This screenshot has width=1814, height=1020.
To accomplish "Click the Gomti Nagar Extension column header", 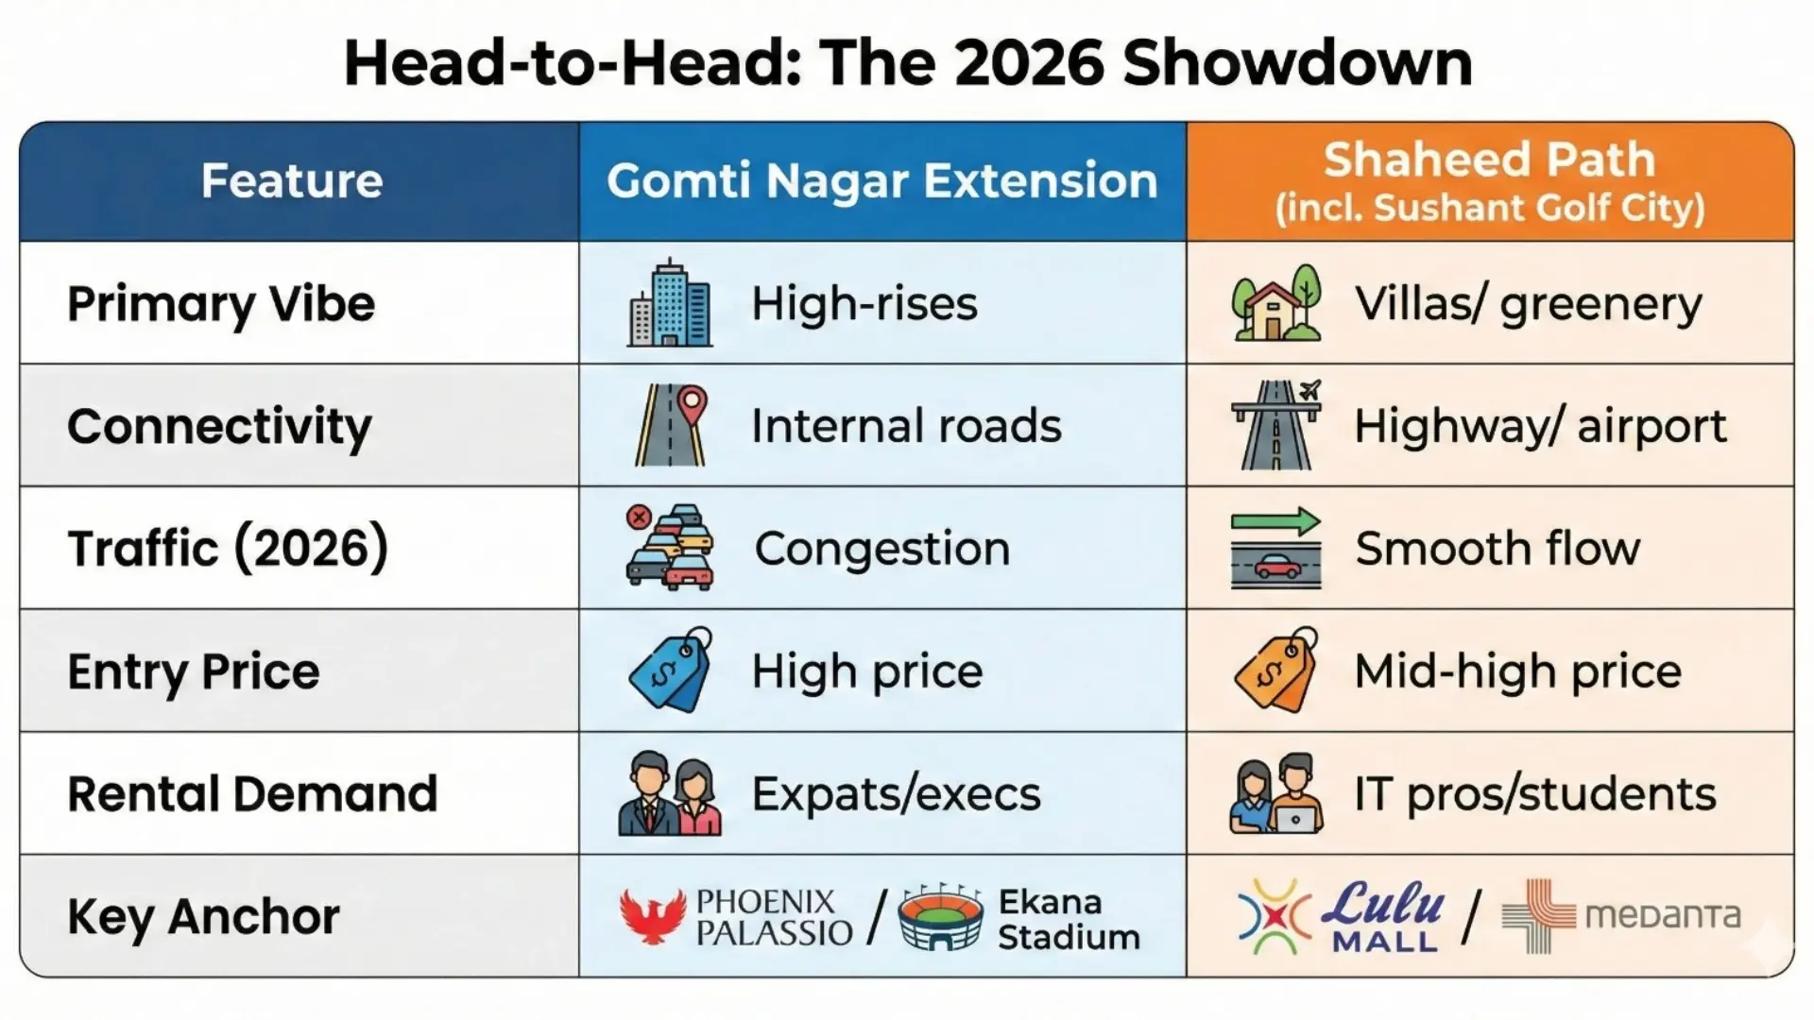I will [x=881, y=180].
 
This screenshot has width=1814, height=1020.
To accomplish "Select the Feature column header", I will [x=291, y=180].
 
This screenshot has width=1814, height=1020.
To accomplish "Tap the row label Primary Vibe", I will [x=221, y=304].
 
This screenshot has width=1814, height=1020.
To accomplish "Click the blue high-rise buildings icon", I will [x=670, y=303].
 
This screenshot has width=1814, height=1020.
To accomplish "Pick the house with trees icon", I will [x=1275, y=303].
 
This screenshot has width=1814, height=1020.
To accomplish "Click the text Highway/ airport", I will [x=1539, y=426].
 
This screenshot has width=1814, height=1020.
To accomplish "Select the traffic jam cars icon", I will [x=670, y=548].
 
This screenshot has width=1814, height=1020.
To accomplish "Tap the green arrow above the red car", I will [x=1275, y=521].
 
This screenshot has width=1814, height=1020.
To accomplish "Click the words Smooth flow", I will [x=1497, y=549].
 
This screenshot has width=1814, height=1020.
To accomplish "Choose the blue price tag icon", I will [x=670, y=671].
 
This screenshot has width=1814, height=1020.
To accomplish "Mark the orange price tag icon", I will [x=1275, y=671].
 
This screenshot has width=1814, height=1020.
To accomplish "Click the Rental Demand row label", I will [x=252, y=794].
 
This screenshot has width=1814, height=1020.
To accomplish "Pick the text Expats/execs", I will [x=896, y=794].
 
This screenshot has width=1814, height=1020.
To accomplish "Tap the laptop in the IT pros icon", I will [x=1295, y=818].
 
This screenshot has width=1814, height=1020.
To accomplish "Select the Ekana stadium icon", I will [x=940, y=917].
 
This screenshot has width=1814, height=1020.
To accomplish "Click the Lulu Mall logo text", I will [x=1383, y=914].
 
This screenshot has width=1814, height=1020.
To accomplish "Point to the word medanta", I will [x=1662, y=915].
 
